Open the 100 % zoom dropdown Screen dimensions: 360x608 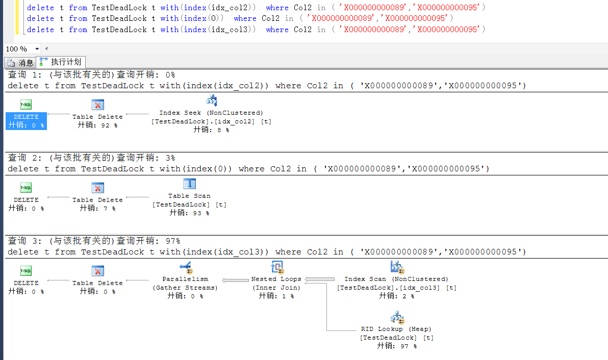pos(37,49)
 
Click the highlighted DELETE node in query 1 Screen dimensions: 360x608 pos(26,121)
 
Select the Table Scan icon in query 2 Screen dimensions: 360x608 pos(189,184)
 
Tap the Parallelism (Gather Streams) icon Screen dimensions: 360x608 pos(185,267)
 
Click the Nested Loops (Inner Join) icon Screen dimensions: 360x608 pos(276,267)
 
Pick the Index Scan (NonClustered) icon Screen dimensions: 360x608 pos(396,267)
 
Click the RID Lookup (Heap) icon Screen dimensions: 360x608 pos(397,317)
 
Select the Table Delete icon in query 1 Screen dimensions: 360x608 pos(97,105)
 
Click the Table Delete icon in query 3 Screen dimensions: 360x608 pos(97,271)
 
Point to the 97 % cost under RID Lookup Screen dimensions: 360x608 pos(397,346)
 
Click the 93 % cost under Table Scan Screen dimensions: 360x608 pos(189,213)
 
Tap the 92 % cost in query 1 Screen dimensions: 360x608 pos(97,125)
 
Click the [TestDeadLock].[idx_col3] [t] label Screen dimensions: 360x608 pos(396,288)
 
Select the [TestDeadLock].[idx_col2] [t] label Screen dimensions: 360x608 pos(211,121)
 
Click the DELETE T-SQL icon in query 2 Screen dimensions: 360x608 pos(26,188)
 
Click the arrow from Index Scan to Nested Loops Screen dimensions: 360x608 pos(320,279)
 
